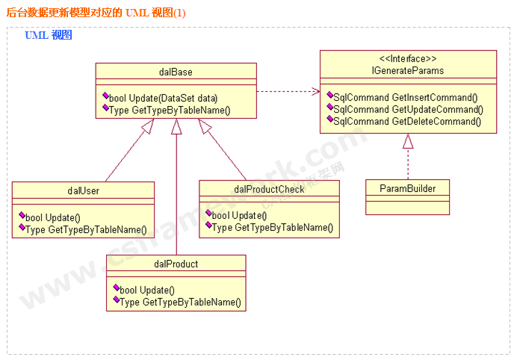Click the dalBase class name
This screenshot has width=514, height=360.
tap(176, 72)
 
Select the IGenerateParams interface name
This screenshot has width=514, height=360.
tap(408, 71)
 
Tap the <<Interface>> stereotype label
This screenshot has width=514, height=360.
tap(408, 59)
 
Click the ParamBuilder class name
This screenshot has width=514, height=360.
tap(408, 187)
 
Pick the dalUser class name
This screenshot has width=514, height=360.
tap(83, 190)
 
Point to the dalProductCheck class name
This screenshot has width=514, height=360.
tap(269, 189)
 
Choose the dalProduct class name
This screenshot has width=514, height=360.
tap(176, 264)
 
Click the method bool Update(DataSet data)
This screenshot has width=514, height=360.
tap(163, 98)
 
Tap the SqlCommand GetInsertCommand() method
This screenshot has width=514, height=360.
tap(405, 97)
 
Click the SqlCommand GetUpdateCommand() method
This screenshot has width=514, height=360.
tap(406, 109)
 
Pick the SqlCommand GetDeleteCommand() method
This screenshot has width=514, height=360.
tap(406, 121)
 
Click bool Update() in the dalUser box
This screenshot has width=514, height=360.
tap(52, 217)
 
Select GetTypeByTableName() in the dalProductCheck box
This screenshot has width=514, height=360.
tap(273, 227)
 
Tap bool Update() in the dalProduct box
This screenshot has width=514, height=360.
tap(146, 290)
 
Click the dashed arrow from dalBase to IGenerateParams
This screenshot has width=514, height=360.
tap(288, 92)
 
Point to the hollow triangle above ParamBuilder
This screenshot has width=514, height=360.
tap(408, 140)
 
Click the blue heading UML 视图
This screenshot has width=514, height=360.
tap(48, 35)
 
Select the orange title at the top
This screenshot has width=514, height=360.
tap(96, 13)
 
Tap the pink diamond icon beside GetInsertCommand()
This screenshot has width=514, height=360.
tap(329, 96)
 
